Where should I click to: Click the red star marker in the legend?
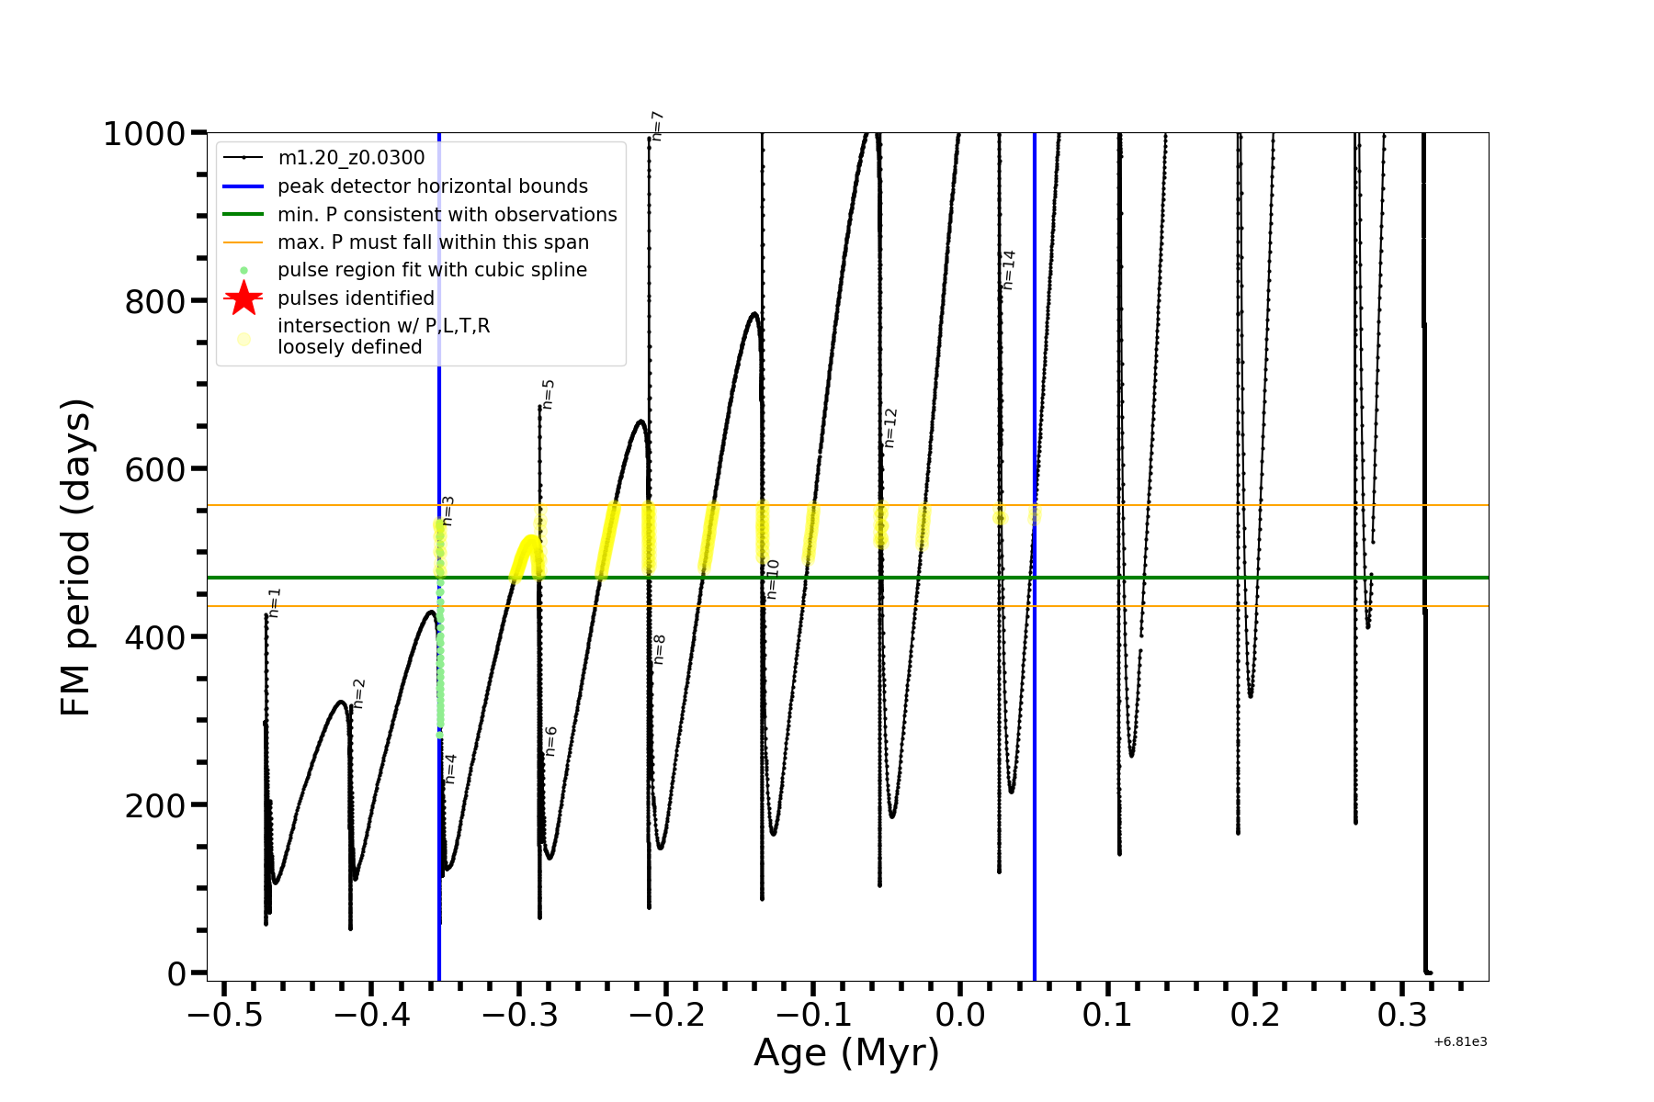pos(244,298)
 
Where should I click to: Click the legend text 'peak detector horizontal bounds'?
pos(432,186)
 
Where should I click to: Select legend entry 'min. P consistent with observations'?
pos(447,215)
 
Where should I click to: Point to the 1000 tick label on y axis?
pos(144,134)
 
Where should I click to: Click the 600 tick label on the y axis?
pos(154,469)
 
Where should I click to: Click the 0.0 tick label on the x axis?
pos(960,1015)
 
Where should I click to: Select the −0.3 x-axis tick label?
pos(519,1015)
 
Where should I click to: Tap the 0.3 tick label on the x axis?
pos(1402,1015)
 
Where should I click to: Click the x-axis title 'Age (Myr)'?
pos(846,1053)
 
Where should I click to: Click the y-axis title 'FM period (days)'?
pos(76,557)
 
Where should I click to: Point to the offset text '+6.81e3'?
pos(1460,1042)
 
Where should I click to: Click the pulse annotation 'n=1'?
pos(274,602)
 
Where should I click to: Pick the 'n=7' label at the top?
pos(657,126)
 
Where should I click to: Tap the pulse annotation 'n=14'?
pos(1009,270)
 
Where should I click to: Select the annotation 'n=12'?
pos(889,428)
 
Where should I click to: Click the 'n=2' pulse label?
pos(359,693)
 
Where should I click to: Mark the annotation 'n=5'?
pos(549,394)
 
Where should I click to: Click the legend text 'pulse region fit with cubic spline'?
pos(432,270)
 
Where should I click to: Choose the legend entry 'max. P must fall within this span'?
pos(433,242)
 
